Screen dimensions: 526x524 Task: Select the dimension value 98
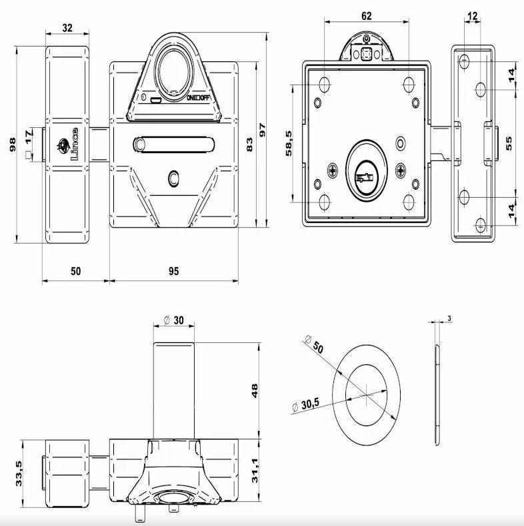click(13, 144)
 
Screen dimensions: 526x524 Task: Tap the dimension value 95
click(173, 271)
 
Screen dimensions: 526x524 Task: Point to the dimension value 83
click(249, 143)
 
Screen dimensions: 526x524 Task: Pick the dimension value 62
click(366, 16)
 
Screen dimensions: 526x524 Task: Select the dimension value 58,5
click(289, 143)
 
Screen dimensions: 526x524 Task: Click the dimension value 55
click(510, 143)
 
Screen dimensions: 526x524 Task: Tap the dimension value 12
click(473, 16)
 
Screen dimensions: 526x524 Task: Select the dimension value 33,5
click(20, 474)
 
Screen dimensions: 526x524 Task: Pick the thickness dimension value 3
click(450, 319)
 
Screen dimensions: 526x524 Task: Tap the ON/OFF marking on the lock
click(198, 99)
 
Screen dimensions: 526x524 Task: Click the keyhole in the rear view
click(365, 178)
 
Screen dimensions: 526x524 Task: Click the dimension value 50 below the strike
click(75, 271)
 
